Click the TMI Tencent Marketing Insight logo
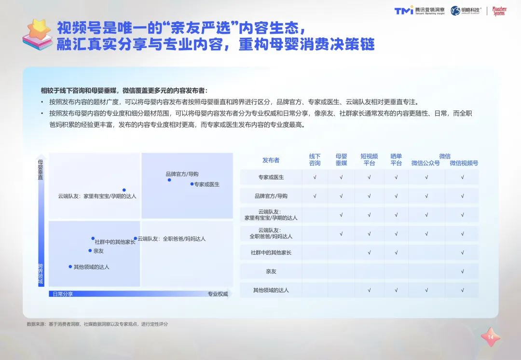point(419,11)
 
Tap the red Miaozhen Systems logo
point(499,11)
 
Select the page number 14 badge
point(491,337)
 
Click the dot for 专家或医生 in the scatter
point(192,184)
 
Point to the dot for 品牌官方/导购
point(169,180)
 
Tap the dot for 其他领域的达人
point(70,266)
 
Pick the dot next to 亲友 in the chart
point(90,250)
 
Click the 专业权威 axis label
point(218,294)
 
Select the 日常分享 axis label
point(63,294)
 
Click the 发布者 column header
point(271,160)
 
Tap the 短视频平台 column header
point(369,160)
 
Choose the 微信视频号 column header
point(464,163)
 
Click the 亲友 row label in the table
point(271,271)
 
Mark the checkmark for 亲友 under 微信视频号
point(462,271)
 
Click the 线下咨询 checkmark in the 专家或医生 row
point(315,177)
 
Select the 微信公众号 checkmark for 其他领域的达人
point(426,290)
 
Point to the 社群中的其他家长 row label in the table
point(271,253)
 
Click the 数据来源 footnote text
point(97,324)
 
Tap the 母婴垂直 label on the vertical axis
point(41,169)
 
